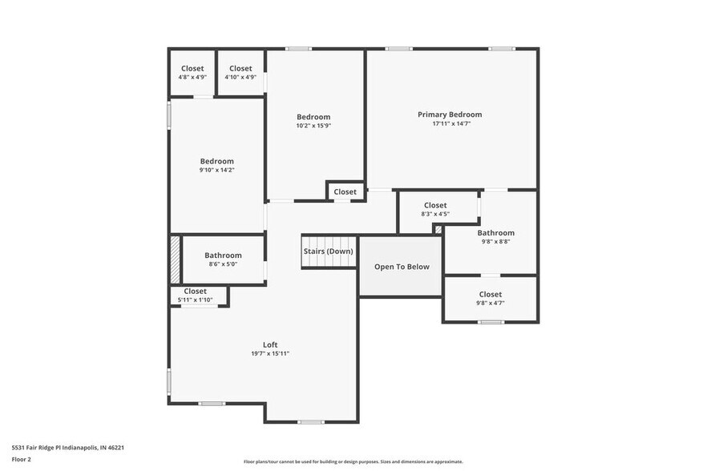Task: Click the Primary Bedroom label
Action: pos(450,115)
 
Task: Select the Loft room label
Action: pos(270,344)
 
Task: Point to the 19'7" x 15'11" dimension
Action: pos(270,353)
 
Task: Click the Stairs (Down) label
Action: pos(328,251)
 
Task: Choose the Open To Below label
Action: pos(402,267)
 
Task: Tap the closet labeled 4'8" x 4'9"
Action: pos(192,78)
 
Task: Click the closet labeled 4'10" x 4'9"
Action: pos(240,78)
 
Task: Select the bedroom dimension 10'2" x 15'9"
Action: pos(313,126)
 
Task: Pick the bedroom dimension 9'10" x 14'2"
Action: pos(216,170)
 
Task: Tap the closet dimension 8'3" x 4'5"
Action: pos(435,214)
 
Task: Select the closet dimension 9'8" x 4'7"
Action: pos(490,303)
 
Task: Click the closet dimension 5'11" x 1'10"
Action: pos(195,300)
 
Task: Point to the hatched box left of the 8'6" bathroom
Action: pos(175,258)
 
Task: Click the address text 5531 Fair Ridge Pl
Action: pos(67,448)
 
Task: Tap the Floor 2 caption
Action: pos(22,460)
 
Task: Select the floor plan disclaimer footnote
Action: pos(353,462)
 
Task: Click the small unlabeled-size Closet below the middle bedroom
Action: pos(345,191)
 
